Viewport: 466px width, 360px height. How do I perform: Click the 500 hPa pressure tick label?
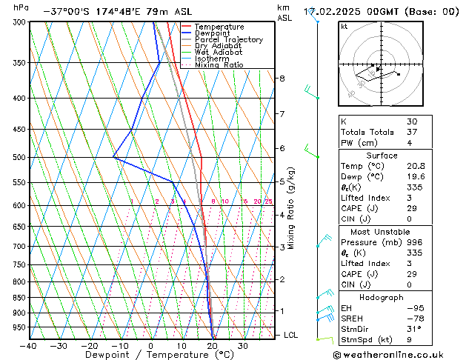tap(15, 157)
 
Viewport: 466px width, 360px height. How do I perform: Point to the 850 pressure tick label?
tap(15, 298)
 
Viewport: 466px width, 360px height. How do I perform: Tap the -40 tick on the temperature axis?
tap(28, 346)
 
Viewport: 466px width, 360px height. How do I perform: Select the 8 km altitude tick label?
tap(282, 79)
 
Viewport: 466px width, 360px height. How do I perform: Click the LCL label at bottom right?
tap(291, 335)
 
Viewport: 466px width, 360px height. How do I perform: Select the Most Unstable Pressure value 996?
tap(413, 242)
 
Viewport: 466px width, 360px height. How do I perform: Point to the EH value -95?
tap(413, 308)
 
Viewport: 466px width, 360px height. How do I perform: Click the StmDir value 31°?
tap(413, 329)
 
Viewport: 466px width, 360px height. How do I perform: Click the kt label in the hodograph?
tap(344, 27)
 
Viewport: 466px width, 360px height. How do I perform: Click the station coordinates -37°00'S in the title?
tap(67, 12)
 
